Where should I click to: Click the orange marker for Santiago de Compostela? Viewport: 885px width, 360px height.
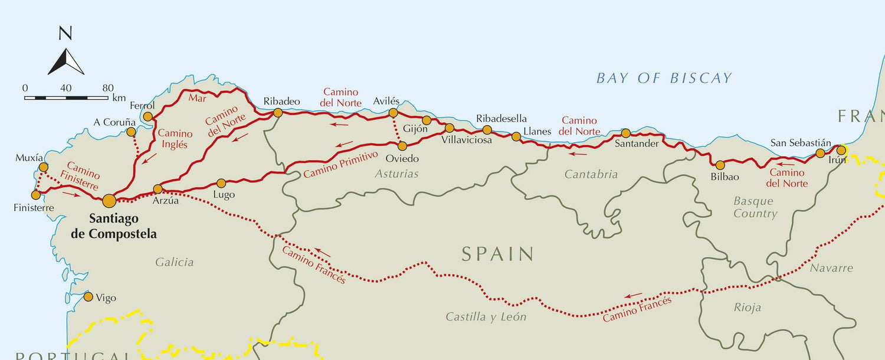point(109,201)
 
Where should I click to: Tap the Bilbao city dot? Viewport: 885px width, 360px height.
point(720,165)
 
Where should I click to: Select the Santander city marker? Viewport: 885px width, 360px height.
point(626,133)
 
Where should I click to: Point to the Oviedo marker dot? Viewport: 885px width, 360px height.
point(402,146)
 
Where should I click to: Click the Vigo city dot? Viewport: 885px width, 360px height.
point(88,297)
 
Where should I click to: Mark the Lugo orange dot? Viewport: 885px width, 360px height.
point(221,183)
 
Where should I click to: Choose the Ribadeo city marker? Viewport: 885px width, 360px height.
point(277,113)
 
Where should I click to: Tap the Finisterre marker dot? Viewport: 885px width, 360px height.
point(36,195)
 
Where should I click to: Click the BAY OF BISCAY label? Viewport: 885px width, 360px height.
point(664,78)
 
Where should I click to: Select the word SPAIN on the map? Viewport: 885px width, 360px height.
point(497,254)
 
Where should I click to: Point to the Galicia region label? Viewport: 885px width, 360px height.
point(175,263)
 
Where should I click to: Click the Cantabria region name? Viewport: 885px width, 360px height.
point(591,174)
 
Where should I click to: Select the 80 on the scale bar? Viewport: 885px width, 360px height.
point(107,88)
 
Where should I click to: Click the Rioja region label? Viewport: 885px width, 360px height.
point(748,307)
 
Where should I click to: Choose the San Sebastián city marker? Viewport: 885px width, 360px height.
point(820,153)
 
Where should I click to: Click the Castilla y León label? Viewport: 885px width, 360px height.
point(486,317)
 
